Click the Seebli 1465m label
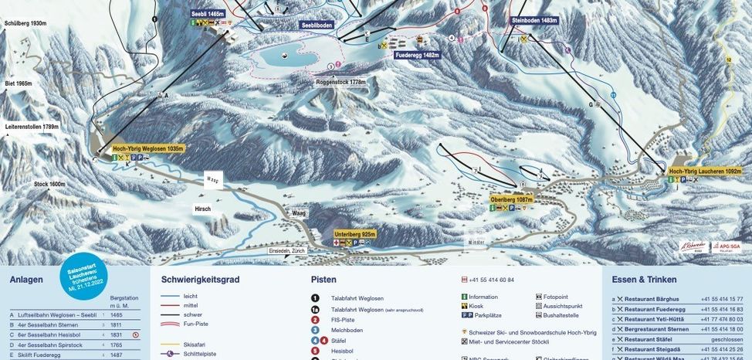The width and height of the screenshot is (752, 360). [208, 14]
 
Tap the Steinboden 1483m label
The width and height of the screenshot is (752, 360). [534, 21]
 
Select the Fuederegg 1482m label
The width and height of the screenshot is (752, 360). [416, 56]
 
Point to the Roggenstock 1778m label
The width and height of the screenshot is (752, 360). [340, 82]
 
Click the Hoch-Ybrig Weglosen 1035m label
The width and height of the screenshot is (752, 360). [148, 148]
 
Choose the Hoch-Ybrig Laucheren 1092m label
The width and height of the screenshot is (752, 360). [705, 171]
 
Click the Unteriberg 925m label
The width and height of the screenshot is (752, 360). [355, 233]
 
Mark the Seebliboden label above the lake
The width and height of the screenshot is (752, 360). [317, 25]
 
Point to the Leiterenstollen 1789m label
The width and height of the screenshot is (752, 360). [32, 127]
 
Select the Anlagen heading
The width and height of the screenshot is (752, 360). [26, 280]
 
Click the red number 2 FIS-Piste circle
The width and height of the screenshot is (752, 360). [316, 319]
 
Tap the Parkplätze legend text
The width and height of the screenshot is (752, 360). [487, 315]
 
